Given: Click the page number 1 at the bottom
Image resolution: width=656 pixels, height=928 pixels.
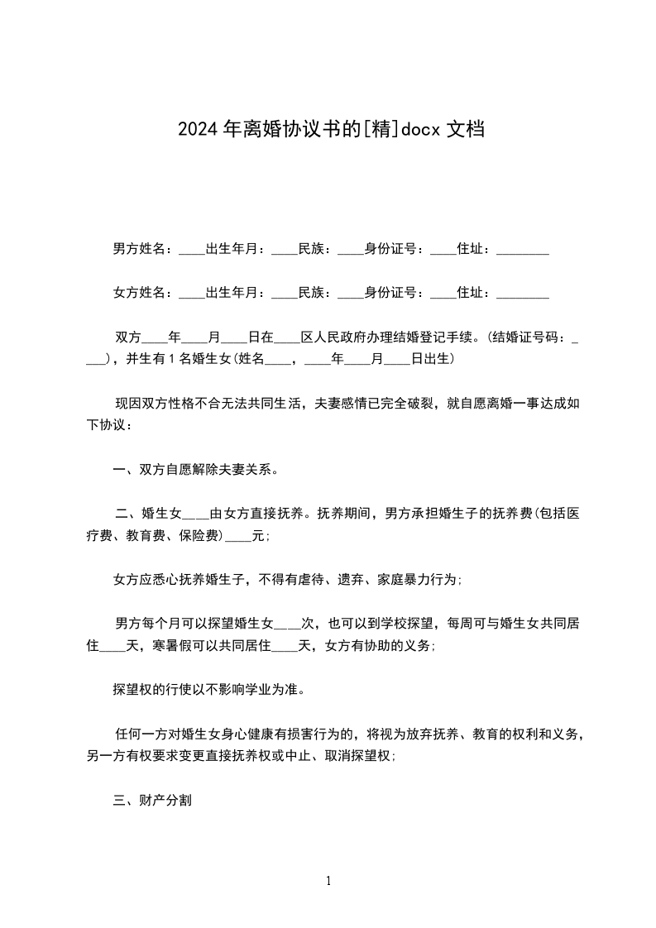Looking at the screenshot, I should (328, 882).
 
